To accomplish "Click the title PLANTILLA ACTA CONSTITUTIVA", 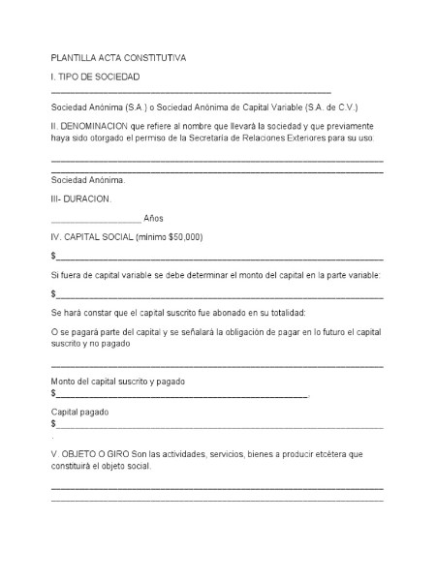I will click(x=118, y=58).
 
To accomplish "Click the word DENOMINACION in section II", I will click(x=102, y=126).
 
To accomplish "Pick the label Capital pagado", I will click(x=79, y=412).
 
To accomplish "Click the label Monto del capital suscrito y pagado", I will click(x=117, y=382).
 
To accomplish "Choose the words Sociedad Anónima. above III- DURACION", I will click(x=88, y=180).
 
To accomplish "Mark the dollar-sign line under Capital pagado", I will click(x=218, y=425).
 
